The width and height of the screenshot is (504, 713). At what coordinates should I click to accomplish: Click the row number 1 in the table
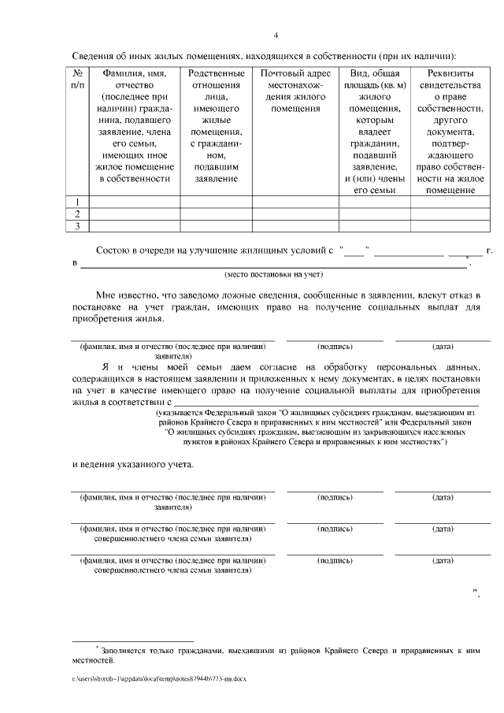[77, 202]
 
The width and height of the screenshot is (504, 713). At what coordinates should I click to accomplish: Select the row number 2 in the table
[77, 214]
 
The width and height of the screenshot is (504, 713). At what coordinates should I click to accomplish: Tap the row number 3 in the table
[77, 226]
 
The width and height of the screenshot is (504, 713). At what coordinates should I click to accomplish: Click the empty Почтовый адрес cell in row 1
[294, 202]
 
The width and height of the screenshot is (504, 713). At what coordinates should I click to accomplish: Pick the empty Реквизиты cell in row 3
[446, 226]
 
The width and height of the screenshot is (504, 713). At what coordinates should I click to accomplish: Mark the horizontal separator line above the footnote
[132, 641]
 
